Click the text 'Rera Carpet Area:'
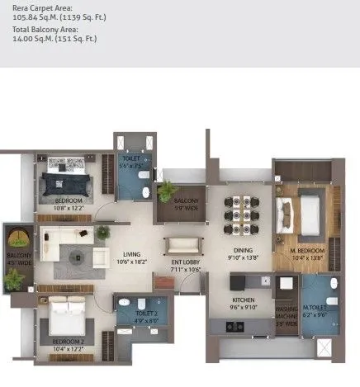[x=37, y=7]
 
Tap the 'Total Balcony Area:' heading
[x=40, y=29]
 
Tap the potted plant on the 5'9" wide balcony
[x=167, y=191]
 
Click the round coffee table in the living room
[x=76, y=256]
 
